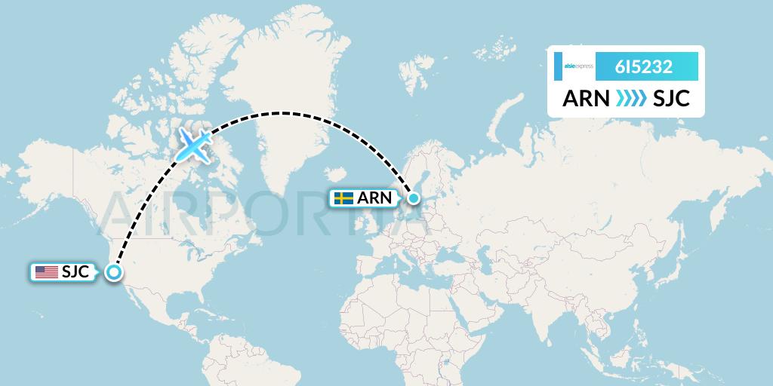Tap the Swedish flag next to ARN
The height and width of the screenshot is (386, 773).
coord(344,198)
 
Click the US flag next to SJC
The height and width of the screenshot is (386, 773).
coord(46,272)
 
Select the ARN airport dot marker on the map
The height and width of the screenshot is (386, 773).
coord(414,198)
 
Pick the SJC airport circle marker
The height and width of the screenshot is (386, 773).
coord(113,273)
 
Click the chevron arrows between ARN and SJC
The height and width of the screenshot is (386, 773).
coord(630,99)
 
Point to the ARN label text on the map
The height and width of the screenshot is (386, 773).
coord(374,198)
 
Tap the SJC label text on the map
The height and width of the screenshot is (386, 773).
coord(76,272)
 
